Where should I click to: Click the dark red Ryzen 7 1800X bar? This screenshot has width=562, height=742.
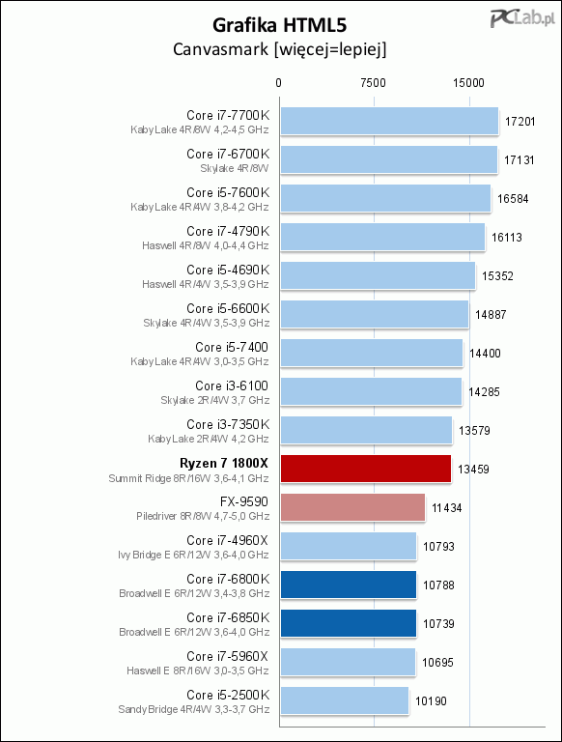point(366,469)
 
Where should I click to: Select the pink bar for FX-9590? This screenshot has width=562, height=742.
point(352,507)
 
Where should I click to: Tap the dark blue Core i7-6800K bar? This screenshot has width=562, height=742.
point(349,585)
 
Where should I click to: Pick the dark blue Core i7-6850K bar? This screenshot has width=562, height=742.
point(349,623)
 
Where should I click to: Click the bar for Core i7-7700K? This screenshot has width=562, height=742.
point(389,121)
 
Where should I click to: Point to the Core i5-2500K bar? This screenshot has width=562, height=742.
point(345,700)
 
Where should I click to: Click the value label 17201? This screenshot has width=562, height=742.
point(520,122)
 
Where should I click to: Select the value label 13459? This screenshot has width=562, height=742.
point(473,470)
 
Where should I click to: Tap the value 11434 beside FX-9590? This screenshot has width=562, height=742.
point(446,508)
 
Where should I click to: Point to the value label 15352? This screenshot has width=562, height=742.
point(497,276)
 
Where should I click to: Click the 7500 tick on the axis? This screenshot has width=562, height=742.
point(373,83)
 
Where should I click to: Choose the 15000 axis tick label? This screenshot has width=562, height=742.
point(468,83)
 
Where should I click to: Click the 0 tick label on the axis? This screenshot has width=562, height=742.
point(279,83)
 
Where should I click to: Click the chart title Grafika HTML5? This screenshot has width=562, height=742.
point(280,25)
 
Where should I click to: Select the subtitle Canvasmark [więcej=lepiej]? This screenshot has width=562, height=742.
point(280,49)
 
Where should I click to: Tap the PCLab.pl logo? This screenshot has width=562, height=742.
point(522,18)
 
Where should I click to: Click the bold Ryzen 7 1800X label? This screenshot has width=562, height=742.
point(224,463)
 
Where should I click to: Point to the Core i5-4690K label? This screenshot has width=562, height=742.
point(228,270)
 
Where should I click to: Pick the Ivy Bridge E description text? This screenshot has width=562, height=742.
point(193,555)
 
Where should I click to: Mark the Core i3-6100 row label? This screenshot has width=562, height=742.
point(232,385)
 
